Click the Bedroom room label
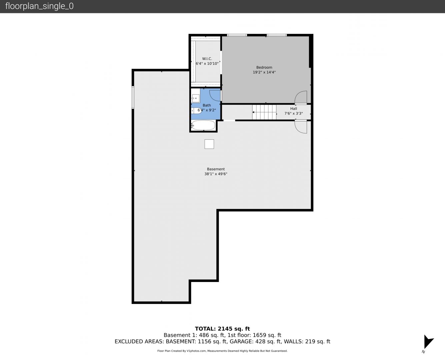264,67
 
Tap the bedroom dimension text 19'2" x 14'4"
264,72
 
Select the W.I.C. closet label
207,59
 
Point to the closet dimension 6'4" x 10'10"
207,64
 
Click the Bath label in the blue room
207,105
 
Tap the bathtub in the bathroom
203,125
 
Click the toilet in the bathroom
196,111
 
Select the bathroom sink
196,98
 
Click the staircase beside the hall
264,112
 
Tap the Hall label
294,109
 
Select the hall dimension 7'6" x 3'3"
294,113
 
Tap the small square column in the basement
209,144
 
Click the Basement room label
216,169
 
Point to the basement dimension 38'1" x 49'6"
216,174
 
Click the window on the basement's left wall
133,97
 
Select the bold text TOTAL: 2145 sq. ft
222,329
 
